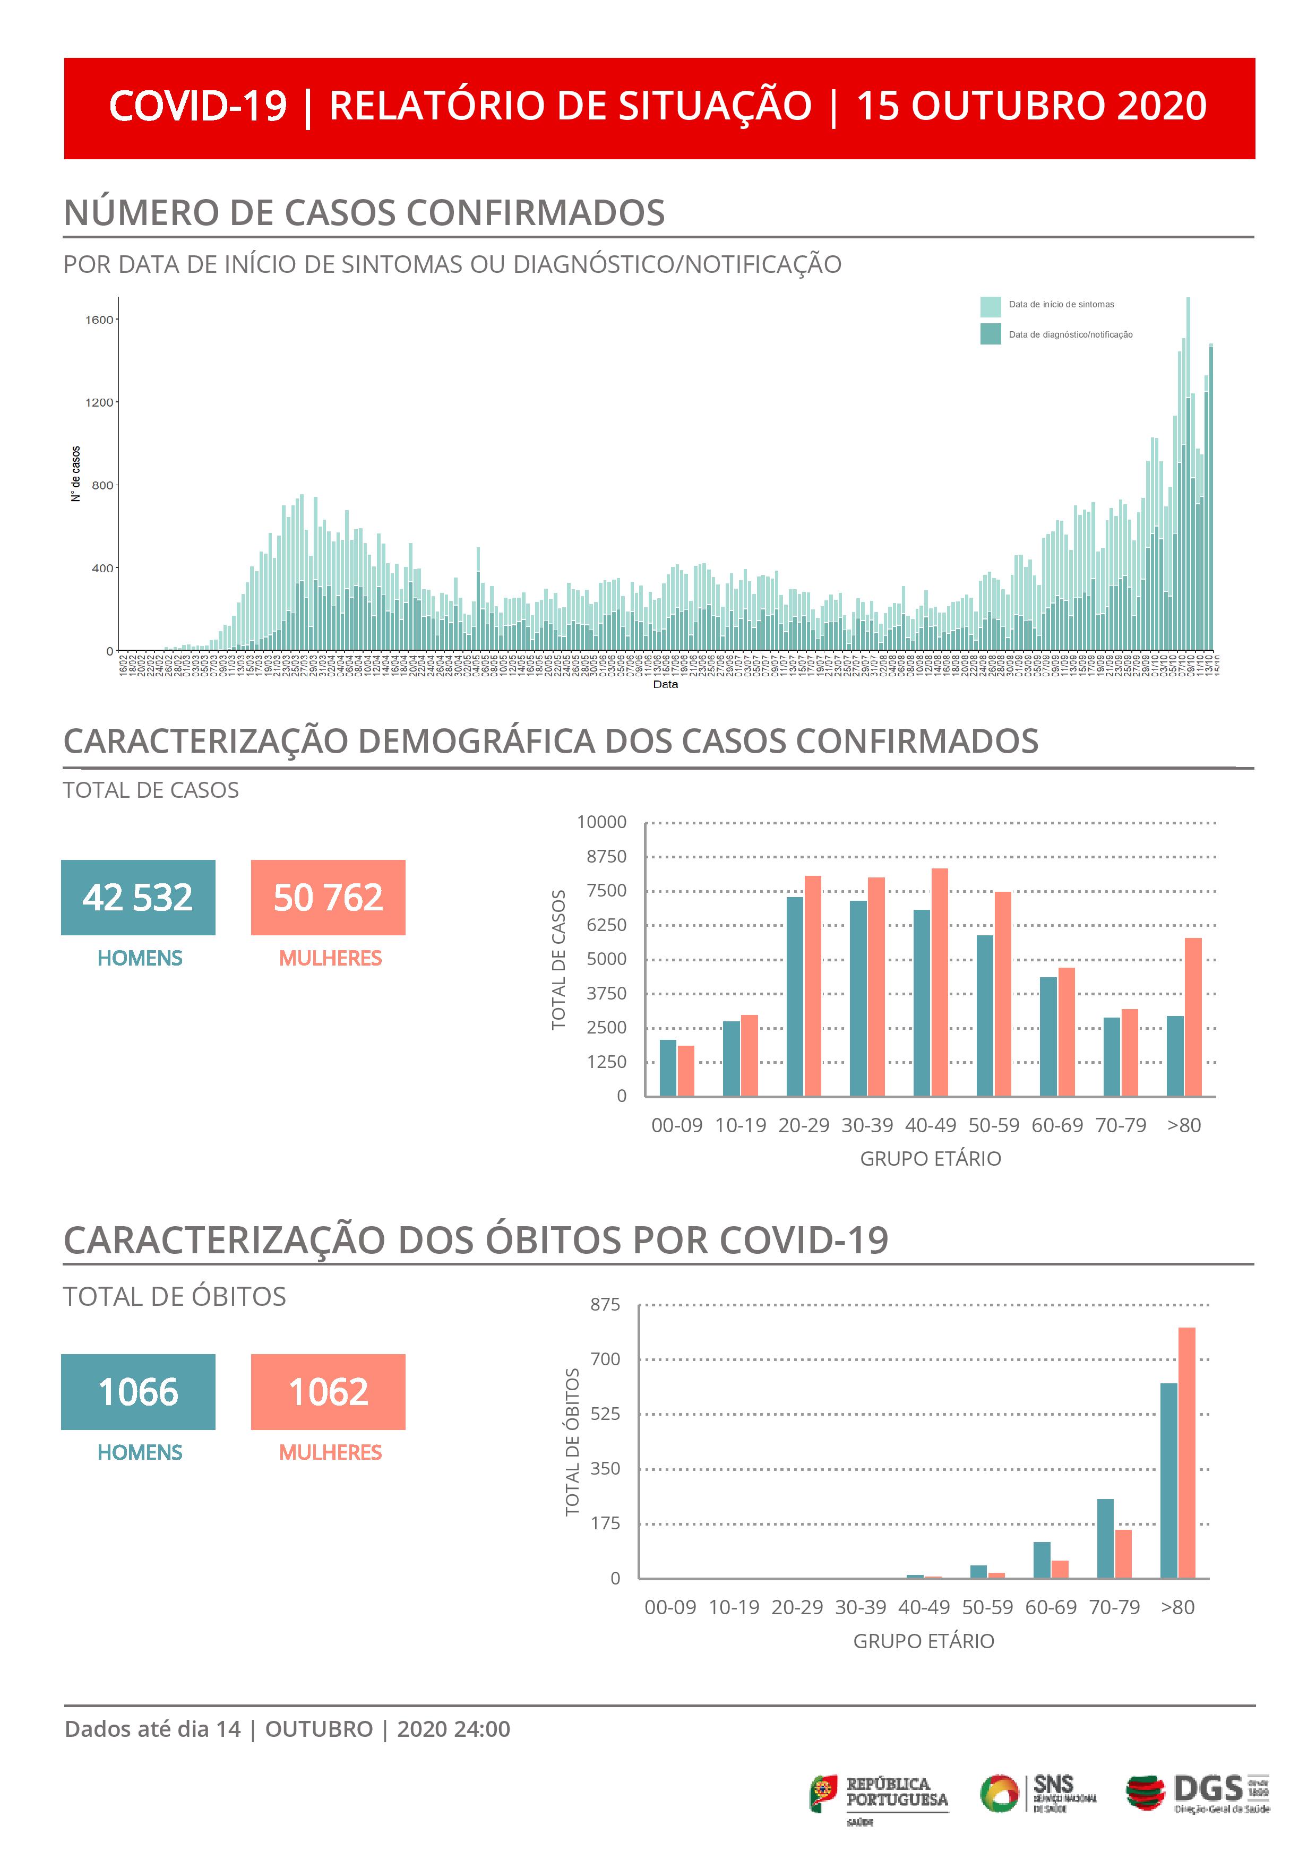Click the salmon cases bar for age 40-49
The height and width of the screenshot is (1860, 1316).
click(x=939, y=982)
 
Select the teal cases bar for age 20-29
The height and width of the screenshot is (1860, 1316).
click(x=795, y=996)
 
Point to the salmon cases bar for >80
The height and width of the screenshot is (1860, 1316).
click(x=1193, y=1017)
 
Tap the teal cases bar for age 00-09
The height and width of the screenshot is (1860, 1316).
click(x=668, y=1067)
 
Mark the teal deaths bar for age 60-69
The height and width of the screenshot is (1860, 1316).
click(x=1042, y=1560)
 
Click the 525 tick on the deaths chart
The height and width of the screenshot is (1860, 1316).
click(x=605, y=1414)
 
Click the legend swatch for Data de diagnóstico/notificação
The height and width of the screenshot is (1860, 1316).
click(x=990, y=334)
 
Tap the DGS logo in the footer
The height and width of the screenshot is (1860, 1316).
click(x=1198, y=1793)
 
